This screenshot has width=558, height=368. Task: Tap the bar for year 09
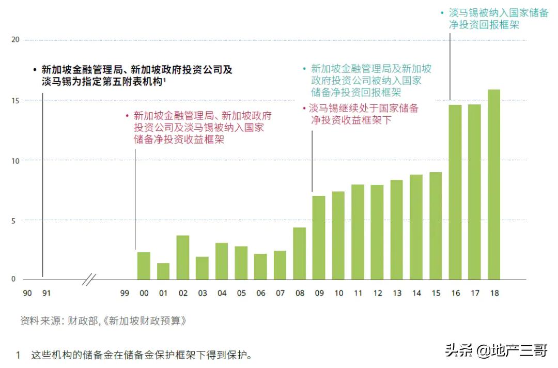319,238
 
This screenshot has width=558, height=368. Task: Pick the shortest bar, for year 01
163,271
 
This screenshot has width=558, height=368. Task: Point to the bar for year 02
183,257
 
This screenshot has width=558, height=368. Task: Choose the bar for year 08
300,253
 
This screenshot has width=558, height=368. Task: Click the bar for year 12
377,232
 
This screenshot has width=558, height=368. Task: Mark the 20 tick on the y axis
15,40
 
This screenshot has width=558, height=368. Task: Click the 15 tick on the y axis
15,100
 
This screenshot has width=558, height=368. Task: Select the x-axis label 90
27,293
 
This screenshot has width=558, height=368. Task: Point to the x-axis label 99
125,293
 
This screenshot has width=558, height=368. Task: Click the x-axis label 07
280,293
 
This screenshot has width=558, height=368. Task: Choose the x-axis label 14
416,293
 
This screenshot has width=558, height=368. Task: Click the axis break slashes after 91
89,280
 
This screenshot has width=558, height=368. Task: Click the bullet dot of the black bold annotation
35,70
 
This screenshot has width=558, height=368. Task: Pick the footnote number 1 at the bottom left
18,356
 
